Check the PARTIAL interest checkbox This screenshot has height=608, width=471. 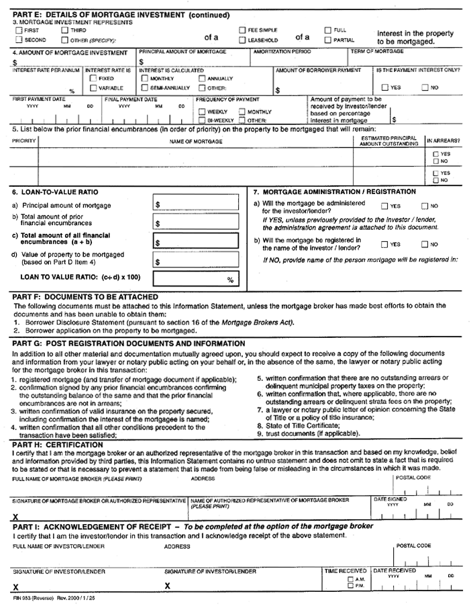(328, 40)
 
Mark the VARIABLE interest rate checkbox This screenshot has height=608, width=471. (93, 88)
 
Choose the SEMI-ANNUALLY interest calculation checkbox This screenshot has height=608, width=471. (144, 88)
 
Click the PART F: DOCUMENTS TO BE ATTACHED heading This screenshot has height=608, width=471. (85, 296)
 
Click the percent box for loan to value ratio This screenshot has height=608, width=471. (196, 279)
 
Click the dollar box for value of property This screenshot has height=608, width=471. (196, 261)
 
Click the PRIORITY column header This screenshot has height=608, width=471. (23, 141)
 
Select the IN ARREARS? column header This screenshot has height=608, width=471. (443, 141)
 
